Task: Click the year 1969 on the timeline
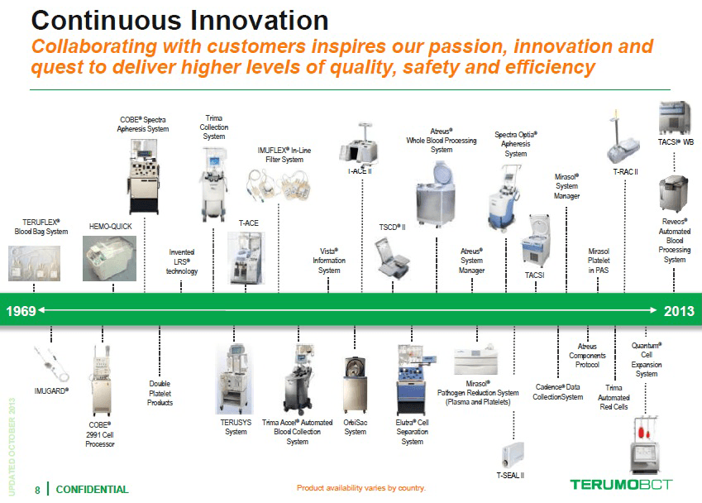pos(21,311)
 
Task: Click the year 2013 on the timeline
pos(679,311)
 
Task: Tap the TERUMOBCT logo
pos(621,484)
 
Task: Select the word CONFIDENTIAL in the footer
pos(92,490)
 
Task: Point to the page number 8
pos(37,490)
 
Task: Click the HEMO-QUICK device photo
pos(110,259)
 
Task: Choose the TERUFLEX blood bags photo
pos(34,263)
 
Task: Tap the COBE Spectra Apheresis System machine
pos(144,176)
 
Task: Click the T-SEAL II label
pos(510,475)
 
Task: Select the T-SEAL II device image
pos(513,455)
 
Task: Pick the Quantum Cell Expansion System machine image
pos(645,445)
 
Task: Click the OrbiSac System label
pos(355,427)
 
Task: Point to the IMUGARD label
pos(51,391)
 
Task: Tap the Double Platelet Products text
pos(160,393)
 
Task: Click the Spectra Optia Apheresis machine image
pos(504,198)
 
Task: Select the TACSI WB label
pos(676,142)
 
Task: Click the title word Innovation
pos(260,21)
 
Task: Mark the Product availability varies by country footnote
pos(361,488)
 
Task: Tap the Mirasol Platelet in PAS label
pos(599,261)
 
